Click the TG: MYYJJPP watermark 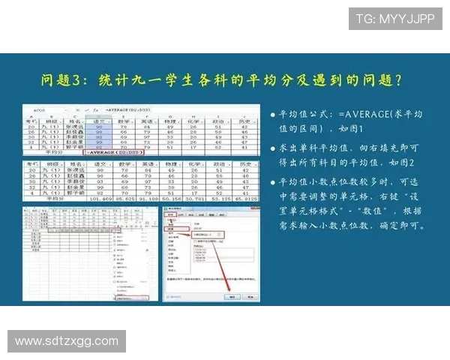[394, 19]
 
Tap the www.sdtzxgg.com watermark [67, 341]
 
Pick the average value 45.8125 [244, 199]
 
